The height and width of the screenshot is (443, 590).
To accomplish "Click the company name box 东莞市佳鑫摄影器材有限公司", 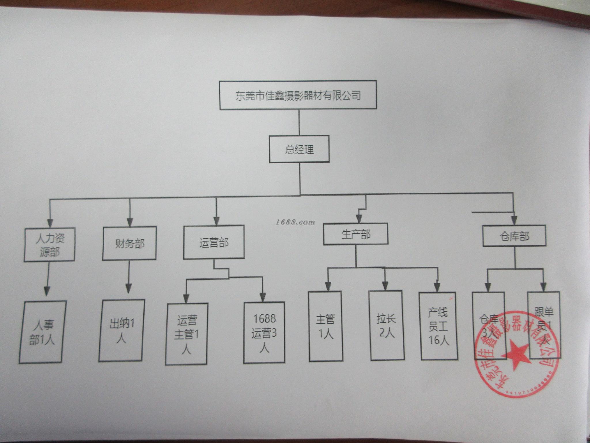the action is tap(298, 95).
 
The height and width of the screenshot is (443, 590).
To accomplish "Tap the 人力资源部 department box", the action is tap(49, 244).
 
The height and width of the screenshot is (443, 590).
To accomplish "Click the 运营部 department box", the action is tap(214, 242).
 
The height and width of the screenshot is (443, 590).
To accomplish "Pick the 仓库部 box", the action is tap(514, 236).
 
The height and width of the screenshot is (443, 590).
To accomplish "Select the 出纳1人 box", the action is tap(122, 331).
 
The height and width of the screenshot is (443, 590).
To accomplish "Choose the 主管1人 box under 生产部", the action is tap(325, 326).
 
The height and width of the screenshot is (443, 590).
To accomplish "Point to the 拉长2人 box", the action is tap(386, 325).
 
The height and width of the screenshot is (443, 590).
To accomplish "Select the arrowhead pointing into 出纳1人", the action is tap(128, 289).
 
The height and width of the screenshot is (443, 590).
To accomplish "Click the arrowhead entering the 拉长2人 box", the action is tap(385, 286).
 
